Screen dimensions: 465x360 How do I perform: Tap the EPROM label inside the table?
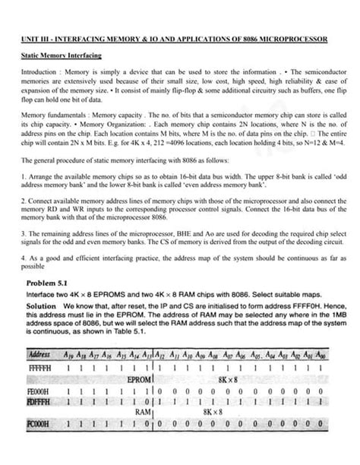click(140, 379)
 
